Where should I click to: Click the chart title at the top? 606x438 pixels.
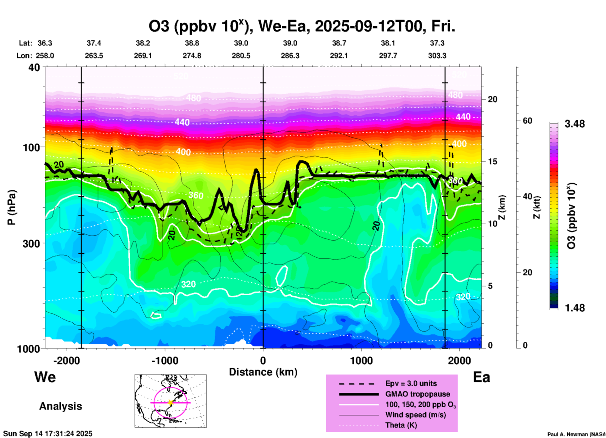click(x=302, y=26)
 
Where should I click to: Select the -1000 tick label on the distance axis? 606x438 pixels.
click(x=165, y=361)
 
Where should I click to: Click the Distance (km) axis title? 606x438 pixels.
click(x=263, y=372)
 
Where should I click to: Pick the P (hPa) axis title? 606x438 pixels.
click(x=12, y=207)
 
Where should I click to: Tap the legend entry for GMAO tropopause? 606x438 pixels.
click(x=418, y=394)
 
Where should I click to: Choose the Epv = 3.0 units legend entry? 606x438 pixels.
click(x=411, y=383)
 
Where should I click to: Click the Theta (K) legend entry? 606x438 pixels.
click(x=401, y=425)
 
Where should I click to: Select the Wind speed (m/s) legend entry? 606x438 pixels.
click(x=415, y=415)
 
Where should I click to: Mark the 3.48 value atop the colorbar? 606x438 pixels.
click(x=575, y=124)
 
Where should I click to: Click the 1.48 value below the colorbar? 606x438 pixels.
click(x=575, y=308)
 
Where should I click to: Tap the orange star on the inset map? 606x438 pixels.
click(x=171, y=402)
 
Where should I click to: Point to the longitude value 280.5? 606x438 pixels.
click(x=241, y=56)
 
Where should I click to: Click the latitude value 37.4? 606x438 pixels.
click(x=94, y=43)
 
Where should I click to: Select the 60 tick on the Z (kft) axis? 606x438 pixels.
click(x=527, y=121)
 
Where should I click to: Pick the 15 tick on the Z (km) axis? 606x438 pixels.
click(x=492, y=162)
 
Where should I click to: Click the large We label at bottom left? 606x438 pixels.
click(x=45, y=377)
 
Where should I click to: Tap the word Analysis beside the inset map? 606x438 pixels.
click(x=60, y=406)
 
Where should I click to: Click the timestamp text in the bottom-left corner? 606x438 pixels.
click(x=48, y=434)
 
